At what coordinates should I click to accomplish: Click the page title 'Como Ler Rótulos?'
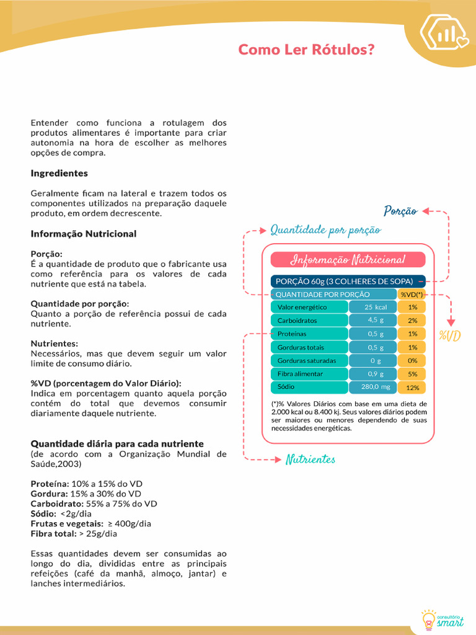(306, 50)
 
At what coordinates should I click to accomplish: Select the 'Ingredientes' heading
(59, 174)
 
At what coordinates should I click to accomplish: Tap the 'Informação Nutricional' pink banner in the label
(348, 260)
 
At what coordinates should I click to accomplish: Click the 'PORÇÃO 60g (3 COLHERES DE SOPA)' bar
(348, 281)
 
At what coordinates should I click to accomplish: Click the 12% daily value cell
(412, 388)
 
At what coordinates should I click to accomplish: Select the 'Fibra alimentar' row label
(300, 374)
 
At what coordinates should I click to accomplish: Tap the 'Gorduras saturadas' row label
(307, 360)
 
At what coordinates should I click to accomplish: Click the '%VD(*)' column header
(412, 295)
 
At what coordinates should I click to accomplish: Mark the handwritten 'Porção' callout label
(400, 211)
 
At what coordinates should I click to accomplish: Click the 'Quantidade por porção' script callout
(325, 231)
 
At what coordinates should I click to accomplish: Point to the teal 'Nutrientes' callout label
(310, 460)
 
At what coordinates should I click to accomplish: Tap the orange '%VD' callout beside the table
(449, 336)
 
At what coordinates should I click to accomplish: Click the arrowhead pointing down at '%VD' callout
(451, 322)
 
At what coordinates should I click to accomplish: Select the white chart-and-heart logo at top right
(444, 33)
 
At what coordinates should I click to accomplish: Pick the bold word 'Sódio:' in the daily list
(43, 513)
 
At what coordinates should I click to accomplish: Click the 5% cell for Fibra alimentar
(412, 374)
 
